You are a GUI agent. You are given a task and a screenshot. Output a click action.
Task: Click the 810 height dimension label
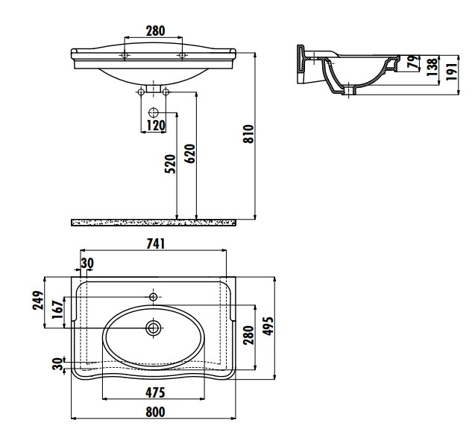249,134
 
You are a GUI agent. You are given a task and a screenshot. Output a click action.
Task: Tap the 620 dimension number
190,153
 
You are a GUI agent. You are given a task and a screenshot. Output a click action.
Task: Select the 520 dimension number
170,164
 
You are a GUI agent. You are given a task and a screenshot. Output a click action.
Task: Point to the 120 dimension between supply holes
156,125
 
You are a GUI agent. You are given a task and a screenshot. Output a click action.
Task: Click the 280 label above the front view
156,31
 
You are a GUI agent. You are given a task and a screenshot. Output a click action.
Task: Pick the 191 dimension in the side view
452,71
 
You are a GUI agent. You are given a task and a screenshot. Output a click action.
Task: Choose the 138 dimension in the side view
432,67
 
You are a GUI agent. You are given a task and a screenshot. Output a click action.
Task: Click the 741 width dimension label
156,244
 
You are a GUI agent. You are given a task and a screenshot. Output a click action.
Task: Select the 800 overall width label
155,412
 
